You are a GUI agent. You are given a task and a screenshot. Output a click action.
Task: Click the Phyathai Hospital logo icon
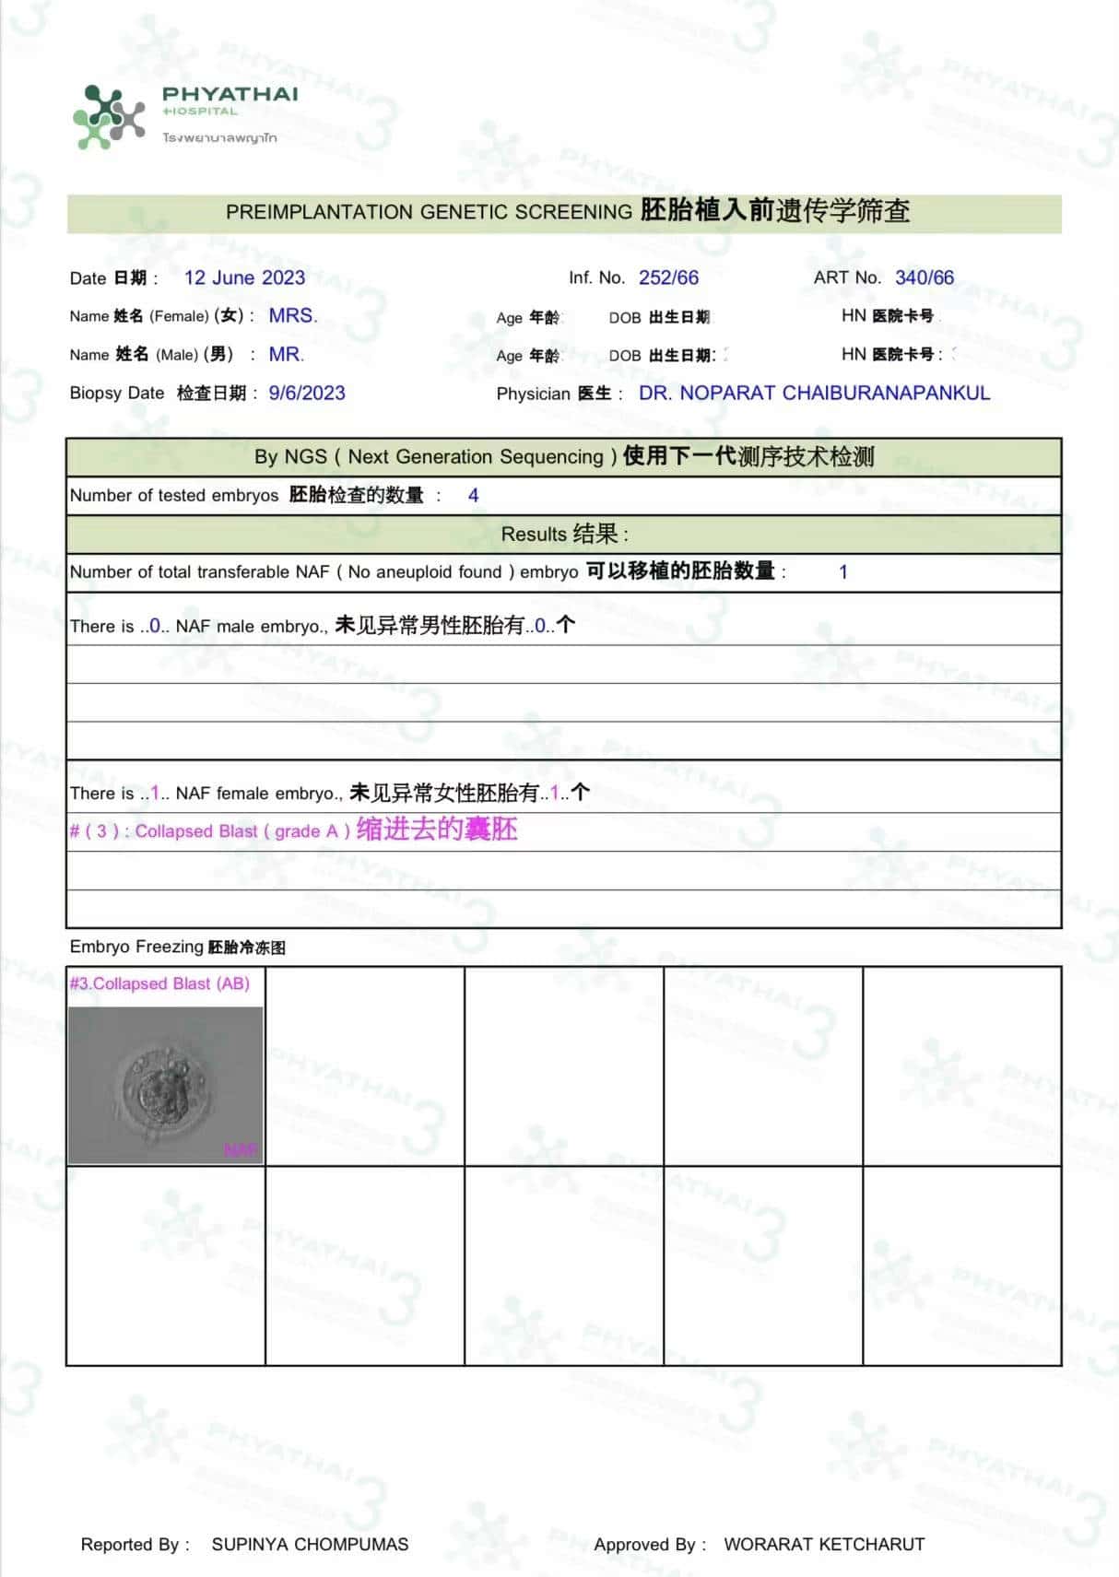click(109, 117)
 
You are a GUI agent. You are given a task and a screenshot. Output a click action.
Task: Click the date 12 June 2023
click(244, 277)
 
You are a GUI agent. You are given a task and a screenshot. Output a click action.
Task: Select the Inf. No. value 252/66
click(668, 277)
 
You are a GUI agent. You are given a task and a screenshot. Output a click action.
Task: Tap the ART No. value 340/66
click(925, 277)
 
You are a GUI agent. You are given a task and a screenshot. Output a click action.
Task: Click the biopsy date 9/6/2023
click(307, 393)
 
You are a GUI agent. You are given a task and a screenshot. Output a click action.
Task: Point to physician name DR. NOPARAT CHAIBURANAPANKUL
click(814, 393)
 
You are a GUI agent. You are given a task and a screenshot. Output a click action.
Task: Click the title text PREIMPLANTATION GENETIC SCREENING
click(429, 212)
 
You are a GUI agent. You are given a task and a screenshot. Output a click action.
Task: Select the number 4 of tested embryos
click(473, 496)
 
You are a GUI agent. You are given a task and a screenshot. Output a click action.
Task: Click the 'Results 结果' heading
click(564, 534)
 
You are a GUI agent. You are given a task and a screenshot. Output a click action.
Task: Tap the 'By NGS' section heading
click(564, 456)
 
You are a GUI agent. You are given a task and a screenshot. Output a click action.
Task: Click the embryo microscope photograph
click(165, 1085)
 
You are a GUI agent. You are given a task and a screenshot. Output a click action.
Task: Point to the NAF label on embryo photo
click(241, 1150)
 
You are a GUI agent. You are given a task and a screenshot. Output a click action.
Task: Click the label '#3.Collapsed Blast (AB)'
click(159, 983)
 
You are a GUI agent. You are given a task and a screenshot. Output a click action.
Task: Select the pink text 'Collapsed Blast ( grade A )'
click(241, 831)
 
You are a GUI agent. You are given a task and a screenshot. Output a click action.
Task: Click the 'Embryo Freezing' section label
click(136, 947)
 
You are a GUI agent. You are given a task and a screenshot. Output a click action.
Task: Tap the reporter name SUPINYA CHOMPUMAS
click(310, 1545)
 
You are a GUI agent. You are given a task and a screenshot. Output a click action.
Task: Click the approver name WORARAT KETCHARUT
click(824, 1545)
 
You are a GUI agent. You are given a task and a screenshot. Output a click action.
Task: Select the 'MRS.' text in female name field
click(293, 315)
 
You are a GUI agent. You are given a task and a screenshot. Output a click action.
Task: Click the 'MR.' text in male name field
click(286, 354)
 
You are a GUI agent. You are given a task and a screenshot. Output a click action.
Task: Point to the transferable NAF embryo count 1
click(842, 571)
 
